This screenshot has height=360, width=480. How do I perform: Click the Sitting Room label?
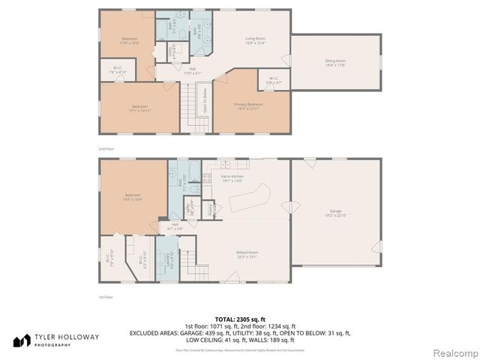(x=335, y=62)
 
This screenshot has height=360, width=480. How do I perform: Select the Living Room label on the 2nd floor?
(x=256, y=40)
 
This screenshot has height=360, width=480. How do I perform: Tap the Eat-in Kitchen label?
(x=232, y=179)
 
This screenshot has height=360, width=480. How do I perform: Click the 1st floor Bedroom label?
(x=133, y=198)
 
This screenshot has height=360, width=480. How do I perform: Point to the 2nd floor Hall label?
(x=193, y=71)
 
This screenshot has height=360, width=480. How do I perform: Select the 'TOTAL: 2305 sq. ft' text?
(x=240, y=319)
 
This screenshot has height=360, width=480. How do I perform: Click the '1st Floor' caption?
(x=106, y=298)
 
